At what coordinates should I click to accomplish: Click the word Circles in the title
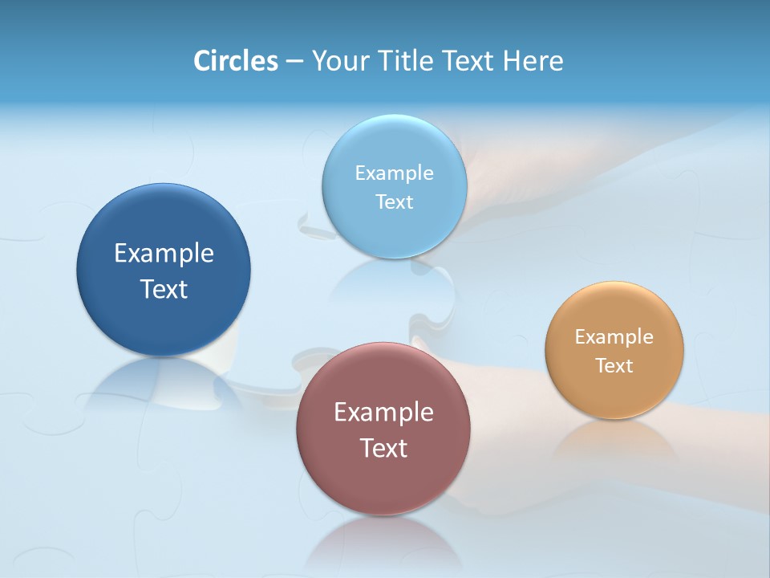(x=235, y=61)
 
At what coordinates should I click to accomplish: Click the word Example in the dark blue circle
(x=164, y=254)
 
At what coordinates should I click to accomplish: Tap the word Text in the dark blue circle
(x=164, y=289)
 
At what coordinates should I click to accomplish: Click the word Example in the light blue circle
(x=394, y=173)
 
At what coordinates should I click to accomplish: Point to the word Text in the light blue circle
(x=394, y=201)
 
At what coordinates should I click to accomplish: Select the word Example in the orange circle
(x=614, y=337)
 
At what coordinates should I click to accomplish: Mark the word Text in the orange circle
(x=614, y=366)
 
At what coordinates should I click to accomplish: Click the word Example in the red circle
(x=383, y=413)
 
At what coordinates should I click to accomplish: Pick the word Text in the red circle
(x=383, y=448)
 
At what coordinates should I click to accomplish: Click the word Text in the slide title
(x=469, y=61)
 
